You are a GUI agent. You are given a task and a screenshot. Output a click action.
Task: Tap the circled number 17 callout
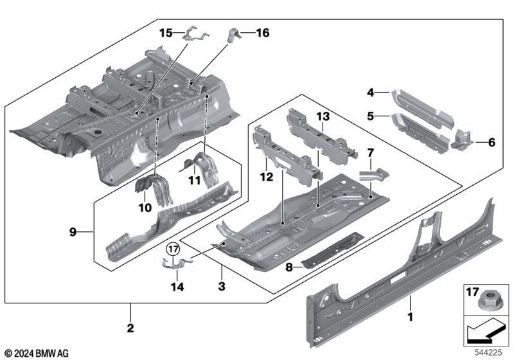(x=173, y=249)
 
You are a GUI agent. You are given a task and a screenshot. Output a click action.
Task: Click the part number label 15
(x=166, y=33)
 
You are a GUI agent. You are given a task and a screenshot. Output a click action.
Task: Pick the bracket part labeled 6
(x=462, y=139)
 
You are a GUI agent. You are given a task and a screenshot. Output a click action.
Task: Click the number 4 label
(x=371, y=93)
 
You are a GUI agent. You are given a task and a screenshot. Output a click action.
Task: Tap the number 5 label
(x=371, y=116)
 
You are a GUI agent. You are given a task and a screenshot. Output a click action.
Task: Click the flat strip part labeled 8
(x=332, y=250)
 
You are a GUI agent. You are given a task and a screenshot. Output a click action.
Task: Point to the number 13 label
(x=323, y=116)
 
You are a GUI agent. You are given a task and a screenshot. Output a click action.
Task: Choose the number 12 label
(x=266, y=177)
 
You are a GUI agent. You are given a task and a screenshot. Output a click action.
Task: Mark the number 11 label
(x=195, y=180)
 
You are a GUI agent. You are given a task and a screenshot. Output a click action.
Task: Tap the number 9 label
(x=73, y=232)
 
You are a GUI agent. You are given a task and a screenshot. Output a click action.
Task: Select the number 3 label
(x=222, y=286)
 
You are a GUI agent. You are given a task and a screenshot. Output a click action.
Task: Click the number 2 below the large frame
(x=130, y=328)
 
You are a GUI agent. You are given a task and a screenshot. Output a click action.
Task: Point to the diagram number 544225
(x=488, y=352)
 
